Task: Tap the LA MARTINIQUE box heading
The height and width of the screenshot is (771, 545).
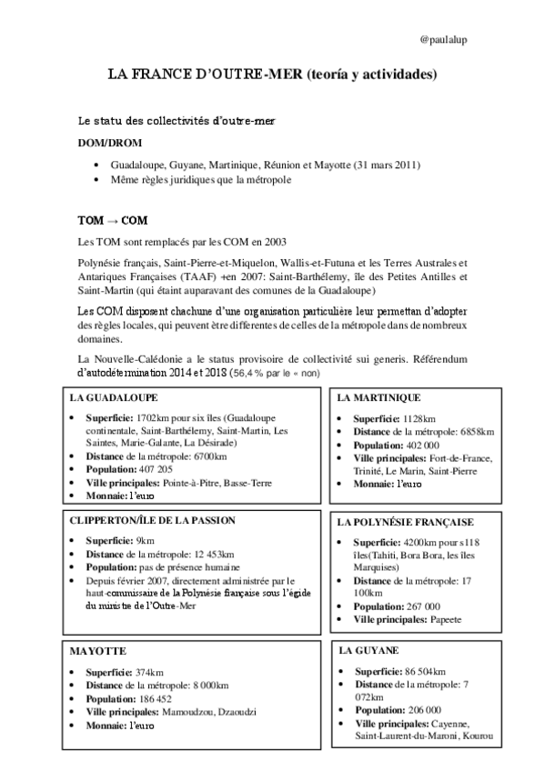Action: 378,398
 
